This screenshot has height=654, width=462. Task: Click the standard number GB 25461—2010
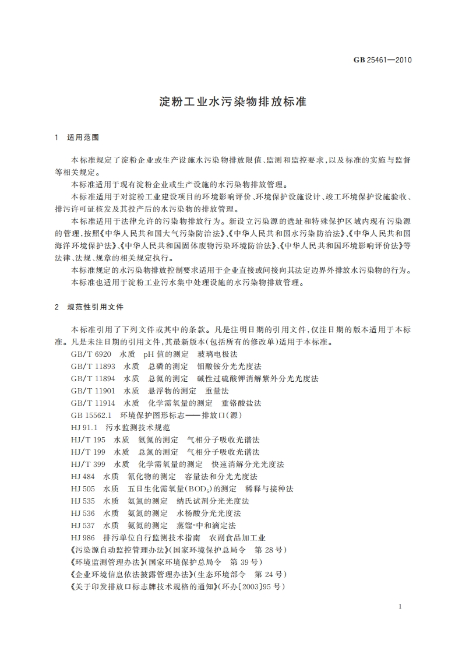click(x=382, y=59)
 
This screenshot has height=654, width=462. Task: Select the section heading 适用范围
click(x=83, y=138)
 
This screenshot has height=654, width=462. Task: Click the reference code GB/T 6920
click(x=91, y=354)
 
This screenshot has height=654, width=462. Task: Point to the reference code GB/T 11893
click(x=93, y=367)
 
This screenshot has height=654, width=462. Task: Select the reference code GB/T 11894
click(x=93, y=379)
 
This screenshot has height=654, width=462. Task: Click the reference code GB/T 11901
click(x=93, y=391)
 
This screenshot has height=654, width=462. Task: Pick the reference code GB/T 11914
click(x=93, y=403)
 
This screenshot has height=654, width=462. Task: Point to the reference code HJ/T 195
click(x=88, y=440)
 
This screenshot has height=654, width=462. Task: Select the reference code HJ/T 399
click(x=88, y=465)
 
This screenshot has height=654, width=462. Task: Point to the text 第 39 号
click(x=246, y=562)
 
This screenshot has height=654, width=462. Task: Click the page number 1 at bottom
click(x=400, y=607)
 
